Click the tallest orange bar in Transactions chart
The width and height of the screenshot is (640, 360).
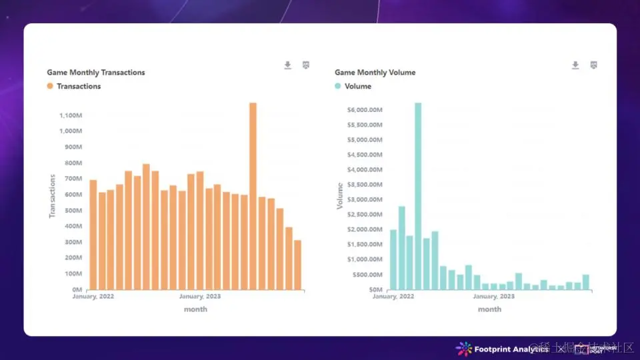[253, 197]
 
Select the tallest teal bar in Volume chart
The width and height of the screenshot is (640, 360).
[418, 197]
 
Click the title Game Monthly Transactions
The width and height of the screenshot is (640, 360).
[96, 72]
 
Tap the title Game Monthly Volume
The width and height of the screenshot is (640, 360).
[375, 72]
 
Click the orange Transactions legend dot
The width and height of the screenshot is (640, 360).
[50, 86]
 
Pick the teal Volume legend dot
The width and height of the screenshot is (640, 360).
[338, 86]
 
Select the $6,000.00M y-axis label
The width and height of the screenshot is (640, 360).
[364, 110]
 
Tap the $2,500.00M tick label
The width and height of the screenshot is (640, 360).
[364, 215]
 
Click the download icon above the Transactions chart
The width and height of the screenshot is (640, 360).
[288, 65]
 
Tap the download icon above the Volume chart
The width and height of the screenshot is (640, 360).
[575, 65]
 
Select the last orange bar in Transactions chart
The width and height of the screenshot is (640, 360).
[297, 265]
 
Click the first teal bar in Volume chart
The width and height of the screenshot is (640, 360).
[393, 260]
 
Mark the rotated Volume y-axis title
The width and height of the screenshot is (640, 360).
[340, 196]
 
